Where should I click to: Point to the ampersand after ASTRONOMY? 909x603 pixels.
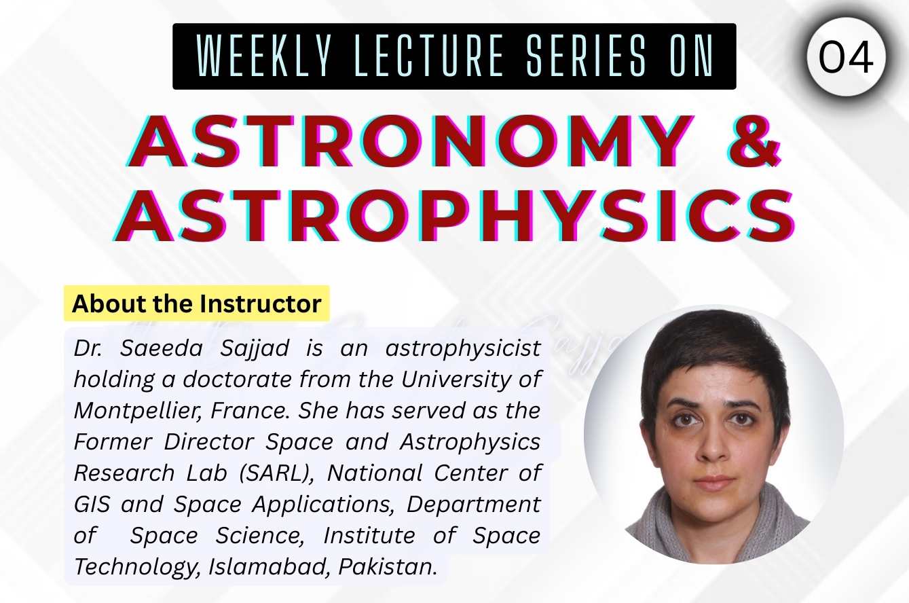[x=752, y=143]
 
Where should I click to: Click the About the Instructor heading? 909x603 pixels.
[x=196, y=304]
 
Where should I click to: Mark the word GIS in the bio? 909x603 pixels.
[x=91, y=504]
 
